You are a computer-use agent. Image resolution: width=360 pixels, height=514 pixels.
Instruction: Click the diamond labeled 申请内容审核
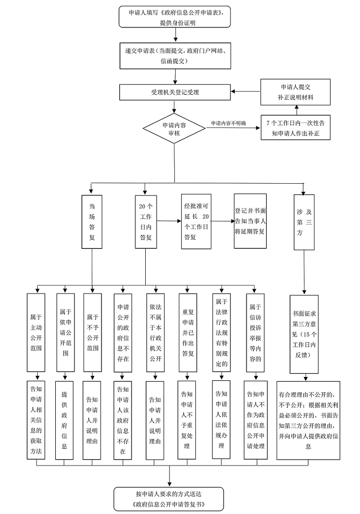(174, 128)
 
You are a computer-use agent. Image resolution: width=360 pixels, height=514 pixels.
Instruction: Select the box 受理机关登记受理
(175, 92)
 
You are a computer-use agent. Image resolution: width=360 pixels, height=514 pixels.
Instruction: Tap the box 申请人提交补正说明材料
(295, 92)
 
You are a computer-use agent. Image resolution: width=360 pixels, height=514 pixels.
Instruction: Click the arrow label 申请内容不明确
(229, 123)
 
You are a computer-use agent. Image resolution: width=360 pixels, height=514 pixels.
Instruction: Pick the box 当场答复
(92, 222)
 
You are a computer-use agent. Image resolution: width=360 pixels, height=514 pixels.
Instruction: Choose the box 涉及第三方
(304, 222)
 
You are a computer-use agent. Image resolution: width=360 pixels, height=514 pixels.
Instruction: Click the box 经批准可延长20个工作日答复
(196, 221)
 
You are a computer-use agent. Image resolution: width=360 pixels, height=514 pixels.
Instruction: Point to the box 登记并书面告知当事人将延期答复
(250, 221)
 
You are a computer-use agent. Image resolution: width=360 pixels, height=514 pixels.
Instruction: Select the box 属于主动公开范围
(36, 332)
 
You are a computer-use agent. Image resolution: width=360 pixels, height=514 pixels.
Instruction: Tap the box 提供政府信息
(64, 420)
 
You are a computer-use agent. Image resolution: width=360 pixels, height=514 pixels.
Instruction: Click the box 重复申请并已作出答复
(188, 333)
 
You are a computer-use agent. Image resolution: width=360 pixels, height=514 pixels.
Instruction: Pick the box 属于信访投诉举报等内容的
(255, 333)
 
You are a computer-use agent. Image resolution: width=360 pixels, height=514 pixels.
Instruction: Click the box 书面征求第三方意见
(304, 335)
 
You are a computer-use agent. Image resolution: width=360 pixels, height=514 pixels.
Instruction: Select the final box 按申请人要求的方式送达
(169, 499)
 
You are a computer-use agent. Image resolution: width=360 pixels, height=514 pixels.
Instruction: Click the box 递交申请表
(175, 56)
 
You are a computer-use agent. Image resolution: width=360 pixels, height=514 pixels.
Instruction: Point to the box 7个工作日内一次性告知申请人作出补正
(295, 128)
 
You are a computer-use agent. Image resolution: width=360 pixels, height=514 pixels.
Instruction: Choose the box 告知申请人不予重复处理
(187, 420)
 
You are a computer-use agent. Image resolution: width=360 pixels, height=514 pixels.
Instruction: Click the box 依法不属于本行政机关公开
(155, 333)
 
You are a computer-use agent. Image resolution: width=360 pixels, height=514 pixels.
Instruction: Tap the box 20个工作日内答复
(146, 222)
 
